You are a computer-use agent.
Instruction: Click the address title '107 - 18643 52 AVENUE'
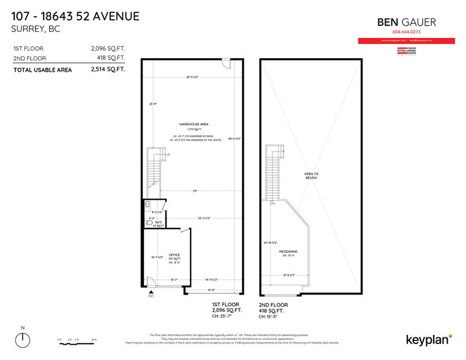coord(75,16)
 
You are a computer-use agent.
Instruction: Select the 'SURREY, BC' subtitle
coord(36,28)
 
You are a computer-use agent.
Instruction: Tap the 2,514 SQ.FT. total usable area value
coord(108,70)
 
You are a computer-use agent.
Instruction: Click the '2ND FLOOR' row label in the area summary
coord(29,58)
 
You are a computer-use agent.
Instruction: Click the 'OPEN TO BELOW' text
coord(311,176)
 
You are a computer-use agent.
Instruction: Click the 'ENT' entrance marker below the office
coord(151,296)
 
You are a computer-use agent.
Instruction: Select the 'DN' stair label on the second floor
coord(272,205)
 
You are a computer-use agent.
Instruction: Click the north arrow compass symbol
coord(23,339)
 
